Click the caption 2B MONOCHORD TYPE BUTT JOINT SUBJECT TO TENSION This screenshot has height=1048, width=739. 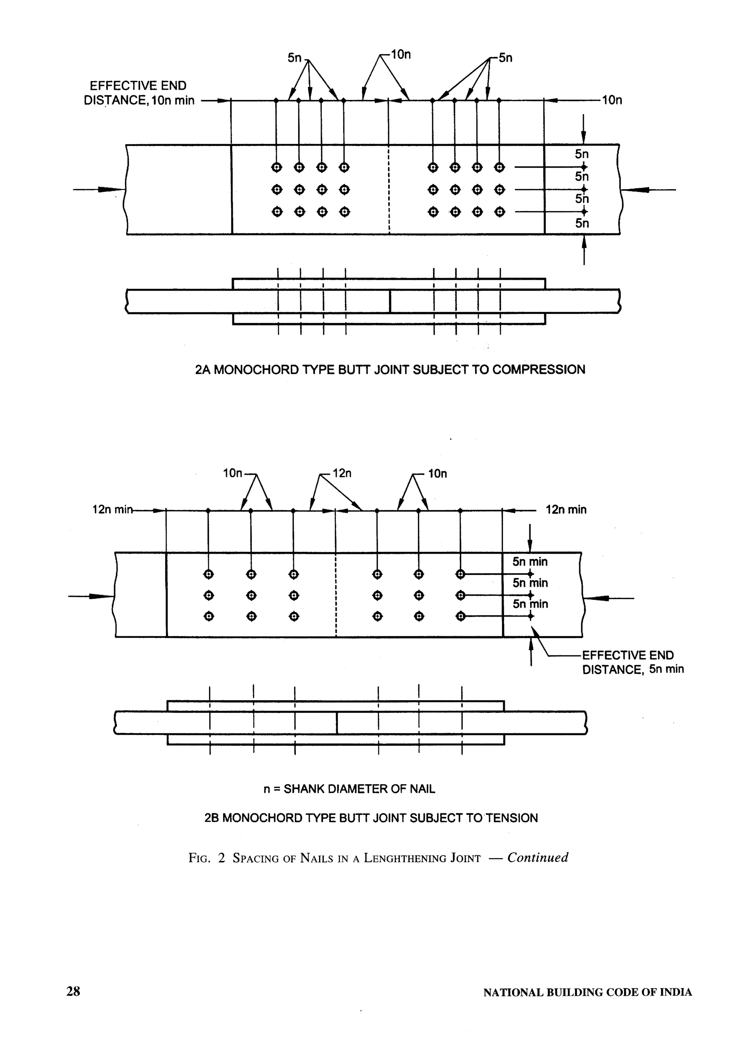(371, 818)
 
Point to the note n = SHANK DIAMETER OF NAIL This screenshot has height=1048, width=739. (349, 789)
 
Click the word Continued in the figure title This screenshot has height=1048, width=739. (538, 857)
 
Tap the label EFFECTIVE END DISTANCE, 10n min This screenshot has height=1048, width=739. (139, 93)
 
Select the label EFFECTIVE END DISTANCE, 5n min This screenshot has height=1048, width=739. (633, 662)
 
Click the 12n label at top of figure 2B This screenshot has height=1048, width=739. (342, 473)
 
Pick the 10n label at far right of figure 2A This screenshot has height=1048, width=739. (612, 100)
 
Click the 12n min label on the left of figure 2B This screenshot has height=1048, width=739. (112, 509)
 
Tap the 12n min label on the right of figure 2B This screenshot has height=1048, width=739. (566, 509)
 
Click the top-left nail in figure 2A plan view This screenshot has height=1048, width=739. (276, 168)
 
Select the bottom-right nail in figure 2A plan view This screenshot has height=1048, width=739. (500, 212)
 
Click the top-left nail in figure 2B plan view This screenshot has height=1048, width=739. (209, 574)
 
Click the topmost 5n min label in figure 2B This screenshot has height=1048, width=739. (530, 562)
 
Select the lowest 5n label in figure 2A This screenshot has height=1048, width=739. (582, 223)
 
